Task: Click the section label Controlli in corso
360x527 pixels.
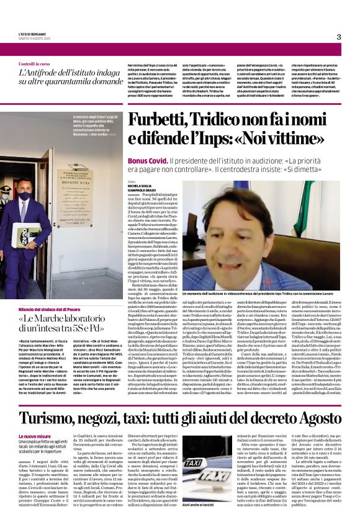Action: (35, 64)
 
